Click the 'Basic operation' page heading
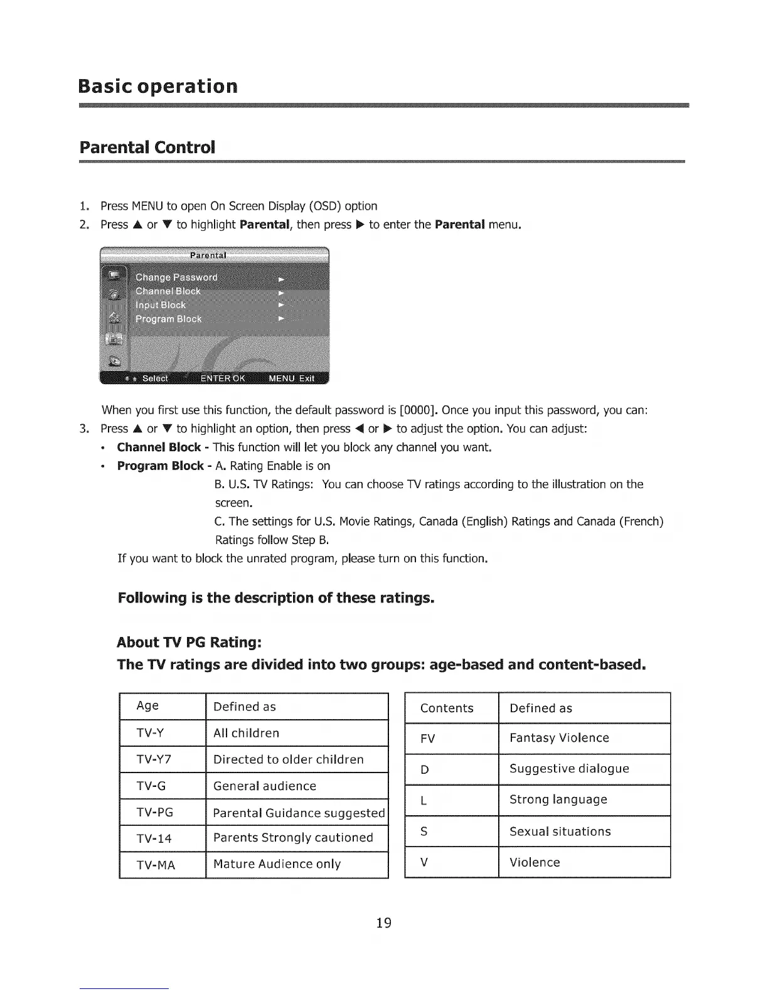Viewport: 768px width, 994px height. pyautogui.click(x=158, y=86)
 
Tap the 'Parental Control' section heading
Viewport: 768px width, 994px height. pyautogui.click(x=147, y=147)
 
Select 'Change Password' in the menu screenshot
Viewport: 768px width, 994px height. pyautogui.click(x=176, y=277)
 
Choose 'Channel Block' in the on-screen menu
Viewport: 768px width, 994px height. pyautogui.click(x=168, y=291)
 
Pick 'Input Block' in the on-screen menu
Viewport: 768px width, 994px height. pyautogui.click(x=161, y=305)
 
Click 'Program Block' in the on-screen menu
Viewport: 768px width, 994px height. pyautogui.click(x=169, y=319)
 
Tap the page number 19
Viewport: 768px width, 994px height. pyautogui.click(x=383, y=922)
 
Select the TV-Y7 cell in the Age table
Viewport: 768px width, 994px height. pyautogui.click(x=154, y=759)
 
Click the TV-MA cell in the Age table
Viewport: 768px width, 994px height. pyautogui.click(x=156, y=865)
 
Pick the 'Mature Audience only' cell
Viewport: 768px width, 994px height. pyautogui.click(x=277, y=864)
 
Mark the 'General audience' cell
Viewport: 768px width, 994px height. pyautogui.click(x=265, y=786)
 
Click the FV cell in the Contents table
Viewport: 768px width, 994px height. pyautogui.click(x=428, y=739)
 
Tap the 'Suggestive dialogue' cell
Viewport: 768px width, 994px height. pyautogui.click(x=569, y=769)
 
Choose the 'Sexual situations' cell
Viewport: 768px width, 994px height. pyautogui.click(x=560, y=831)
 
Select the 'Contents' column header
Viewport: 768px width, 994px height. pyautogui.click(x=447, y=708)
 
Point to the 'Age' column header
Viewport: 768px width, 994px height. pyautogui.click(x=147, y=706)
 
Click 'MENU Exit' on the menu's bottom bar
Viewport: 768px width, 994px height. pyautogui.click(x=291, y=378)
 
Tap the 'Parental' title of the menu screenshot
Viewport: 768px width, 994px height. pyautogui.click(x=208, y=255)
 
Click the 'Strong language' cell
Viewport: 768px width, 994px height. pyautogui.click(x=558, y=799)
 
